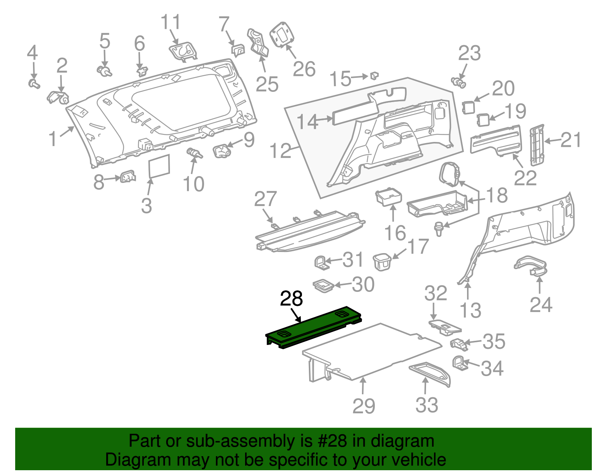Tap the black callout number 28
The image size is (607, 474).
coord(291,299)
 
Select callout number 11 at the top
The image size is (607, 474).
coord(171,23)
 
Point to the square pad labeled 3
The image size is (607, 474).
coord(159,166)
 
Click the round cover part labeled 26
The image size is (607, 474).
coord(281,34)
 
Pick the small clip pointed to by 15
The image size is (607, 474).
coord(374,76)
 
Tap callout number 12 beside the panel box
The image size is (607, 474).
coord(280,151)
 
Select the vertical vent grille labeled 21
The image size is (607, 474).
coord(537,145)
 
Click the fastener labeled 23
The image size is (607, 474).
coord(459,82)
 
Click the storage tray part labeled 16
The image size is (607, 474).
coord(388,197)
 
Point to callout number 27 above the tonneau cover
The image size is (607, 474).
coord(265,199)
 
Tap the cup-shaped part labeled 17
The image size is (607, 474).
coord(382,261)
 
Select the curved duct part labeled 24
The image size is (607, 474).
coord(531,266)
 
